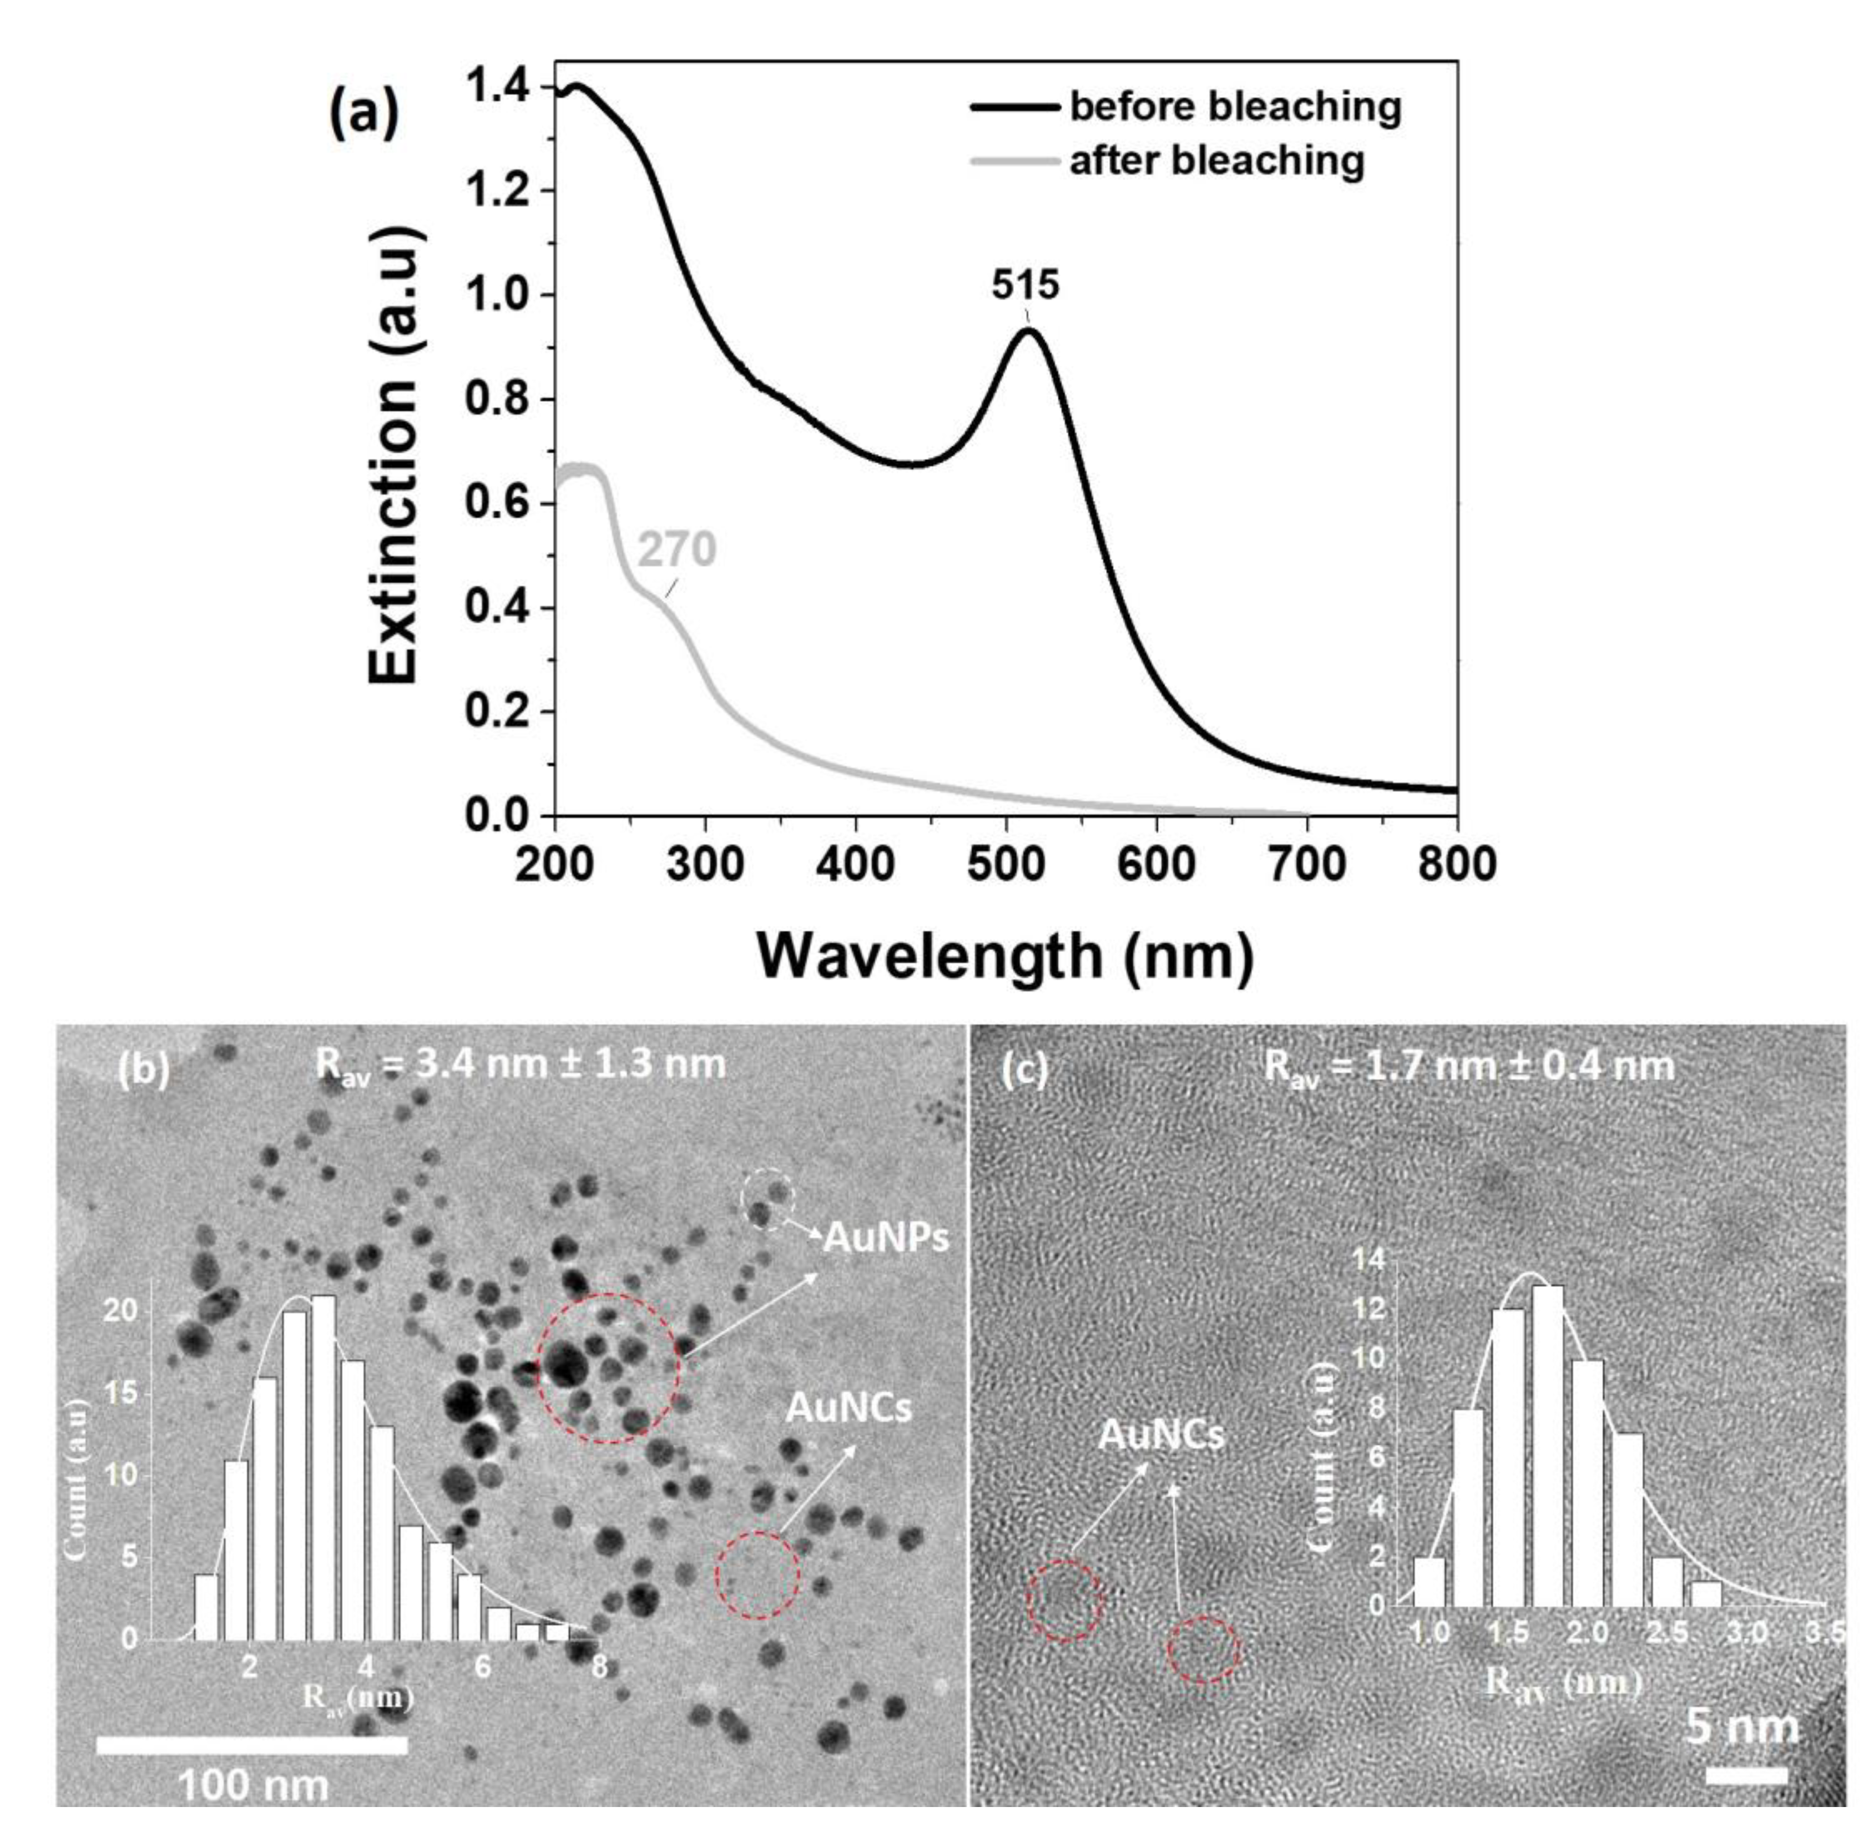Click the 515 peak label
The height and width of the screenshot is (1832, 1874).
coord(1026,286)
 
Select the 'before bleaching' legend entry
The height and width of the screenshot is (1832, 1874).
coord(1234,106)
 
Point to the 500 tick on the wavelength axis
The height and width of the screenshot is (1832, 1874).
coord(1006,864)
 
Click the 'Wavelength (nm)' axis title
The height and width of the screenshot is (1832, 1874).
coord(1006,957)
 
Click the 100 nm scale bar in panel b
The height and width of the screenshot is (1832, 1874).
coord(252,1745)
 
